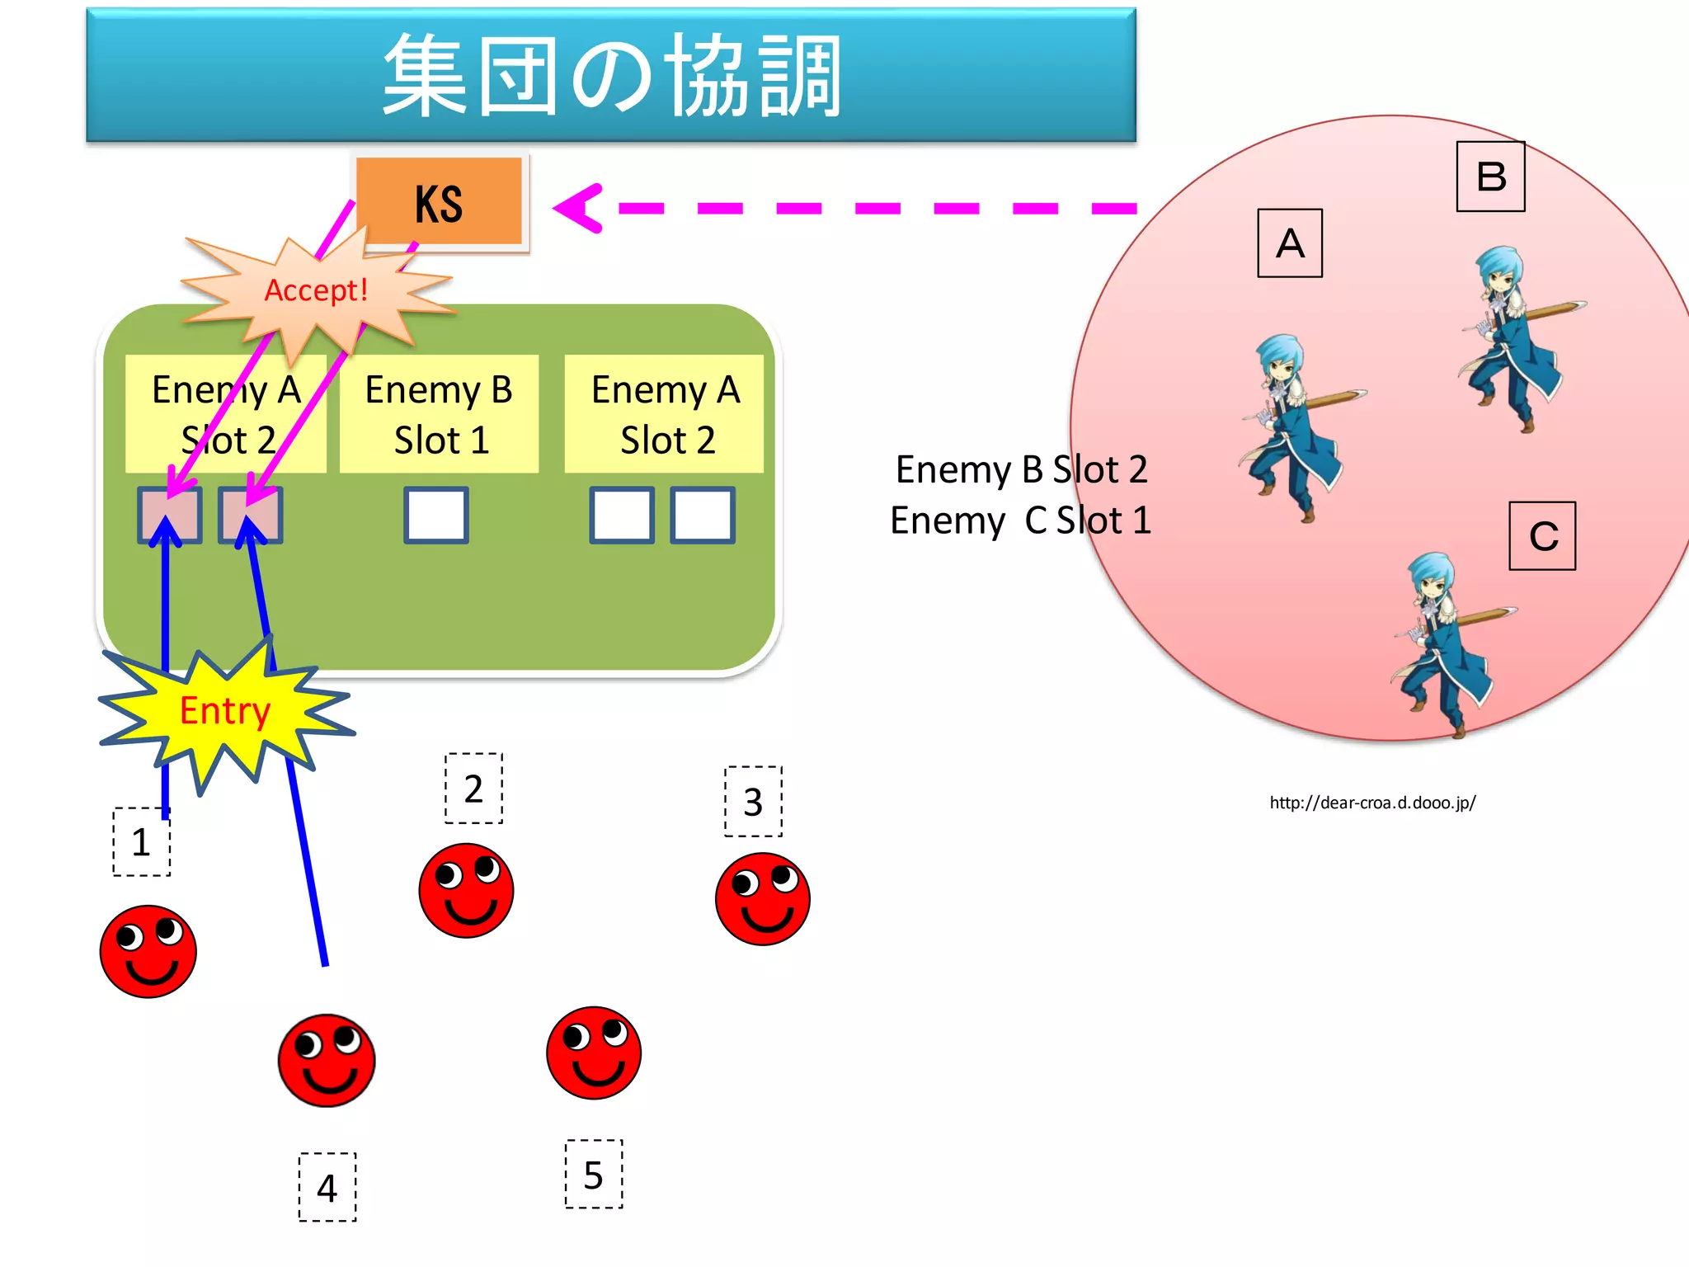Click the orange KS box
pos(439,202)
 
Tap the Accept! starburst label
pos(316,290)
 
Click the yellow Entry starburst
pos(224,711)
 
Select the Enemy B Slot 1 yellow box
pos(439,414)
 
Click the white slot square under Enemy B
pos(436,516)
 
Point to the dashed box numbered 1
pos(142,841)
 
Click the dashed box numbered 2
pos(473,789)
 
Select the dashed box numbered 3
pos(753,802)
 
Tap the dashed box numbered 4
pos(327,1187)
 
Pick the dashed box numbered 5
pos(594,1175)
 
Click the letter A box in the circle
pos(1290,243)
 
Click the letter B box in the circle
pos(1490,177)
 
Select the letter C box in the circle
pos(1542,536)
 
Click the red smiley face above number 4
pos(327,1061)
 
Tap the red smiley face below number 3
pos(763,899)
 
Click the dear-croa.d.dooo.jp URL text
pos(1372,803)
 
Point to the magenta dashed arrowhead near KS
pos(580,208)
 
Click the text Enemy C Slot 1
pos(1020,521)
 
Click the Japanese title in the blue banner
pos(611,76)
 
